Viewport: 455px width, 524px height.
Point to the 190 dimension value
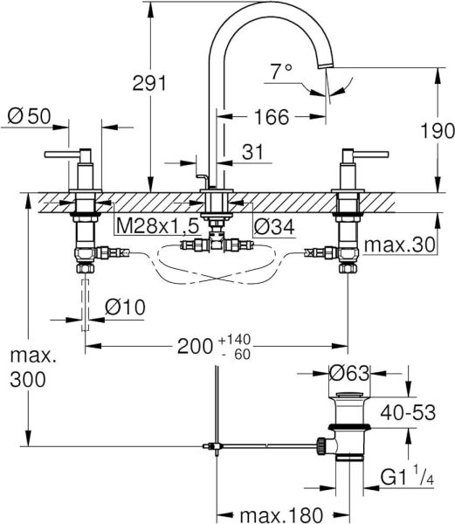[x=437, y=132]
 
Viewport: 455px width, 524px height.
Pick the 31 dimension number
[x=252, y=152]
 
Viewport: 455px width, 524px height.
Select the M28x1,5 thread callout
[x=158, y=226]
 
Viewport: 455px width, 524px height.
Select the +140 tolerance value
[x=235, y=337]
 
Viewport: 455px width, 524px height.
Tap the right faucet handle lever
[x=369, y=156]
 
